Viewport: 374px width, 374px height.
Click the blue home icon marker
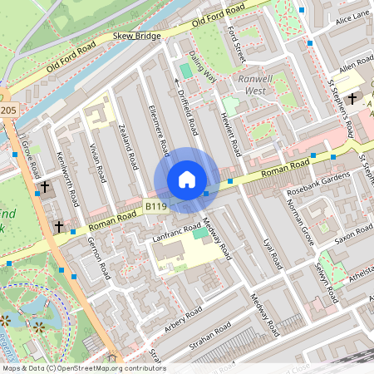[187, 180]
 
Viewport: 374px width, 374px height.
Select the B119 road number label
[157, 205]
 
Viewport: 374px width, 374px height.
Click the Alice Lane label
[352, 16]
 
